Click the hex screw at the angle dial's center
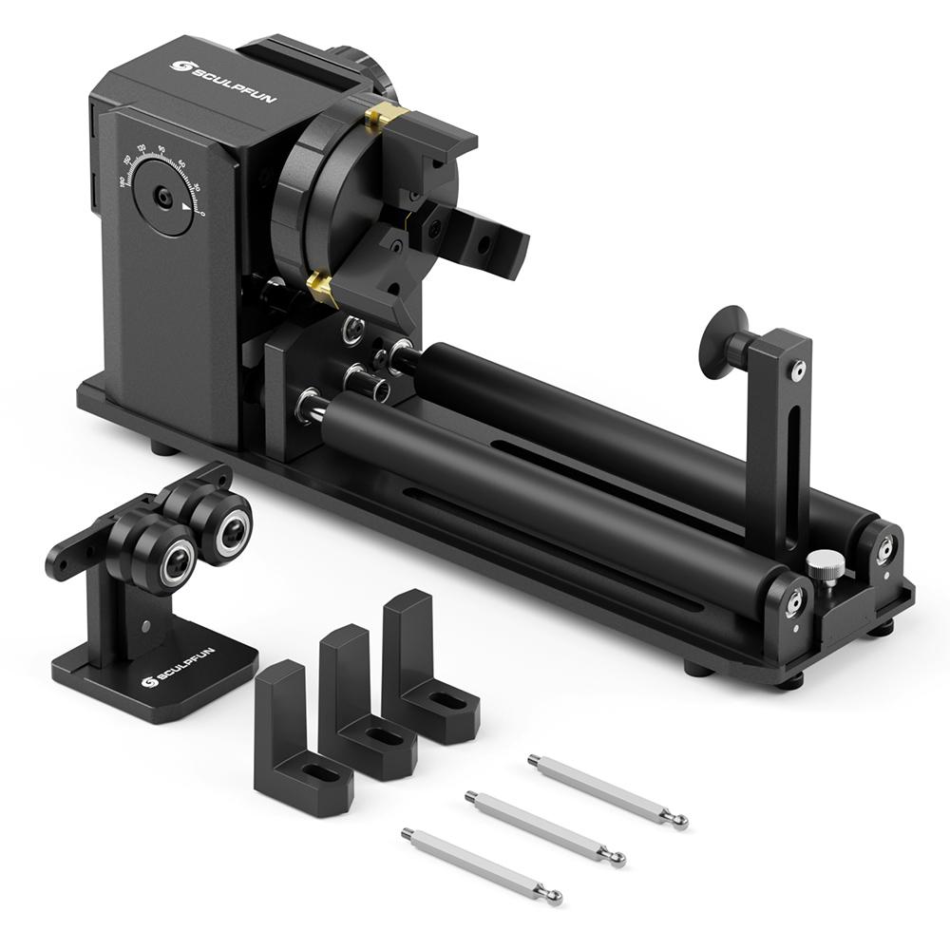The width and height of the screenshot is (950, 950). coord(164,197)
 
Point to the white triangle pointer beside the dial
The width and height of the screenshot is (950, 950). coord(187,218)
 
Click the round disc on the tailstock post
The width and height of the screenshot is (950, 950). coord(719,341)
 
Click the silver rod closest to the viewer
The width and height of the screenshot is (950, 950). coord(481,864)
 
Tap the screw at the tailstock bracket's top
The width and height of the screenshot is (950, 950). coord(799,368)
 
